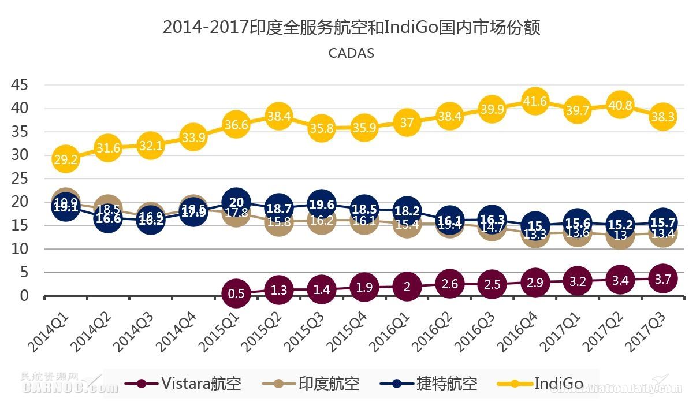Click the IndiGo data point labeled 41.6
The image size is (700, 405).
tap(535, 102)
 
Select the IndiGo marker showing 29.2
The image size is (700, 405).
tap(65, 159)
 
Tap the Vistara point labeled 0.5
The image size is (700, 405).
tap(236, 293)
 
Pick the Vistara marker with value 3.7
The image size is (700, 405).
tap(662, 278)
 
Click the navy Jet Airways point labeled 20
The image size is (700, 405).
tap(236, 202)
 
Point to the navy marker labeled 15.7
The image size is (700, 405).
tap(662, 222)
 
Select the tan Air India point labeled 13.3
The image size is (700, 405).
tap(535, 234)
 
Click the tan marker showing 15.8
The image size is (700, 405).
tap(279, 222)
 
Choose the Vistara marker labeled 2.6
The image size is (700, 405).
tap(449, 284)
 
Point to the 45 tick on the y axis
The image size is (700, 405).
tap(20, 85)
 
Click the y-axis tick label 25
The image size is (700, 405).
tap(20, 179)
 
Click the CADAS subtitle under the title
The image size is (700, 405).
tap(351, 53)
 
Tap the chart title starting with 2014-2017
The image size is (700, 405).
tap(351, 27)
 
